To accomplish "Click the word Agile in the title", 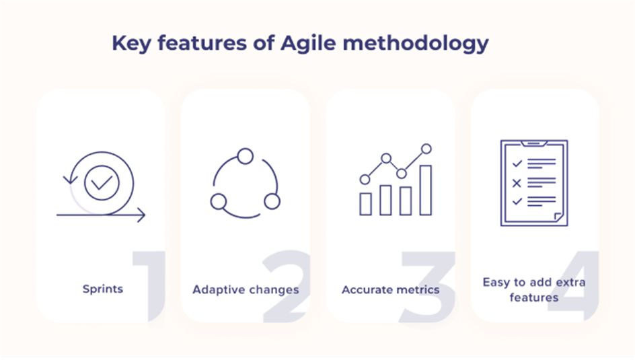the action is [308, 44].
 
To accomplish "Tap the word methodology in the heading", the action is [416, 44].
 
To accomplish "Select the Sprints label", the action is [103, 289].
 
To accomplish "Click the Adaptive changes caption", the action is [246, 290].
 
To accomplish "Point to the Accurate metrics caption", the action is [390, 290].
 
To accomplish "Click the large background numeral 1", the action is [150, 286].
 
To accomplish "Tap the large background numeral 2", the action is [286, 286].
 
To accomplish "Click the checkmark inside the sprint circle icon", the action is [102, 183].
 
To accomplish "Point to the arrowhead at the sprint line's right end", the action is [141, 215].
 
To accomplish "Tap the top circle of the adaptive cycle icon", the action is [246, 156].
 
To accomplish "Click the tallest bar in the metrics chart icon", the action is [426, 190].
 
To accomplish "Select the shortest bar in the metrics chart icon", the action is [366, 204].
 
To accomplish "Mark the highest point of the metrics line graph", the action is [426, 149].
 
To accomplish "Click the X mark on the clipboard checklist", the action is [517, 183].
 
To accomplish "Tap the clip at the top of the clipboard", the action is [533, 143].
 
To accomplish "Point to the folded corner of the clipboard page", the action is [558, 217].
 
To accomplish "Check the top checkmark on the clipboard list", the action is [517, 164].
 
